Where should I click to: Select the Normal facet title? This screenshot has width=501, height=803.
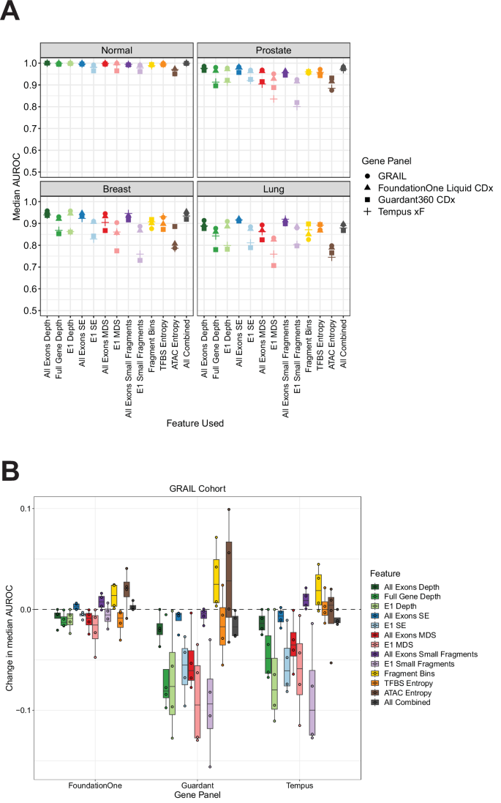click(117, 50)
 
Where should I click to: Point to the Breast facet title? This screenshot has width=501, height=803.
click(117, 187)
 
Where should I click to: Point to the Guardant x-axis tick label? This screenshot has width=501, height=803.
click(199, 785)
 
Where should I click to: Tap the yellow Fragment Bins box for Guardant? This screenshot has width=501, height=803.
click(216, 581)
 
